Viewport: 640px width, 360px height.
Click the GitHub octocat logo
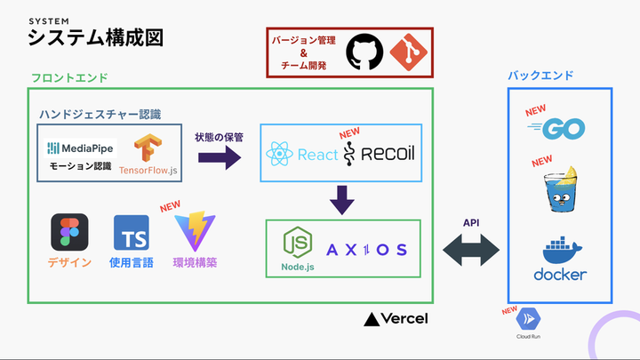364,52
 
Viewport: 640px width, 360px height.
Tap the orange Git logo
403,52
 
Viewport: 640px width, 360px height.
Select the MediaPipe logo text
81,148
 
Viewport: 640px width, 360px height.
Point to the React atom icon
279,155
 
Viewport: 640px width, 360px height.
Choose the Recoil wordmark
380,155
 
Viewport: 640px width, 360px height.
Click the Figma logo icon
70,233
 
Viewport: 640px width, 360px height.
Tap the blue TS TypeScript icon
131,233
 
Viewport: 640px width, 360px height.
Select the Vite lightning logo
196,232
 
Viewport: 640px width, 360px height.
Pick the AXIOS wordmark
366,249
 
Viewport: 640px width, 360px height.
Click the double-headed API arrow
470,251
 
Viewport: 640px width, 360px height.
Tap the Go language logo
560,130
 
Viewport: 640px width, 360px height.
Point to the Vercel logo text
397,318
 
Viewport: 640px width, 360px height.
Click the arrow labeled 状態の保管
219,157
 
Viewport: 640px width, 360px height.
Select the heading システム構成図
95,37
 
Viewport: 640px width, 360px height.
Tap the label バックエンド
540,76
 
